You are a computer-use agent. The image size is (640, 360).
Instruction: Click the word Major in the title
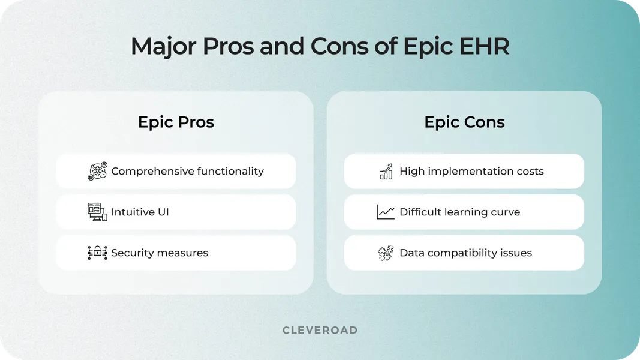[161, 47]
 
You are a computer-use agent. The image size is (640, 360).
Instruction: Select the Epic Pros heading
[176, 122]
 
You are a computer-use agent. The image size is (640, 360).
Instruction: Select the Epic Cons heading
[464, 122]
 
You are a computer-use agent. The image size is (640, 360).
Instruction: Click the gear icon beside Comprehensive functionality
[97, 171]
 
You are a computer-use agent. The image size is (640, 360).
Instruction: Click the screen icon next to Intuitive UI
[97, 212]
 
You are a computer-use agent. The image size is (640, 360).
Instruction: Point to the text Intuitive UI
[140, 212]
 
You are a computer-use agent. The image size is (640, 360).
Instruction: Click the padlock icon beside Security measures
[97, 253]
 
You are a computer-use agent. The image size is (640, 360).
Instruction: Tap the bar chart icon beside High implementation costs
[386, 171]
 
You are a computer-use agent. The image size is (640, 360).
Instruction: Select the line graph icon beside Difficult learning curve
[386, 212]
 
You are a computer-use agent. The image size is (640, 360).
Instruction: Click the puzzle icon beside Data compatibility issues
[386, 253]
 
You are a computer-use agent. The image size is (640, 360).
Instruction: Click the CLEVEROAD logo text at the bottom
[320, 330]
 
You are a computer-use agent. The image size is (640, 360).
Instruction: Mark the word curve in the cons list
[506, 212]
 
